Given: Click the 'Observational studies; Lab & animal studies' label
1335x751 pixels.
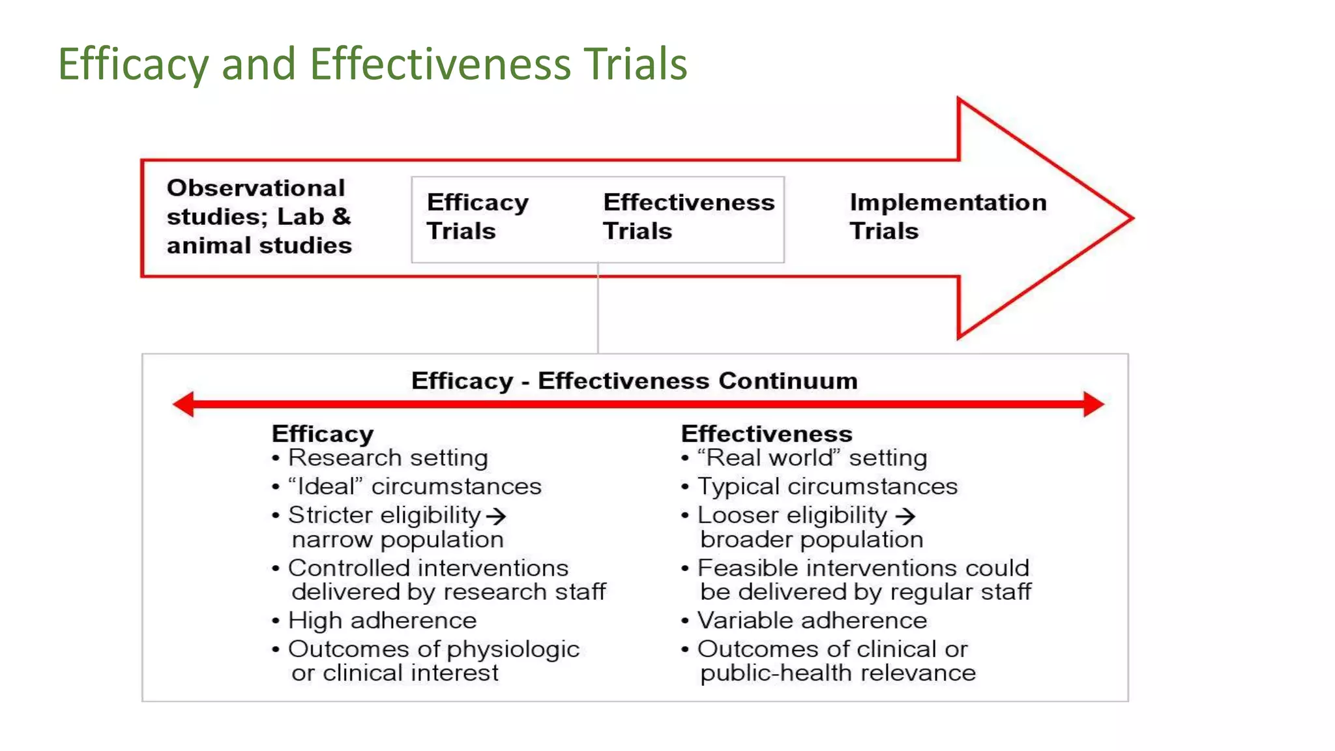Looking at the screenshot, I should coord(259,216).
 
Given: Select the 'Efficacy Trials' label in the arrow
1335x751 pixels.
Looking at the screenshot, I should coord(477,216).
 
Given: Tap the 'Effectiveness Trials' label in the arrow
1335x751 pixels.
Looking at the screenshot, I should coord(688,216).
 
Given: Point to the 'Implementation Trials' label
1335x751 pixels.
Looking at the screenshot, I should coord(948,216).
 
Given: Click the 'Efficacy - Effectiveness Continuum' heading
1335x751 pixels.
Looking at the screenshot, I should coord(634,381).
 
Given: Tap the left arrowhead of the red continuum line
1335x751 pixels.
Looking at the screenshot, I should coord(184,404).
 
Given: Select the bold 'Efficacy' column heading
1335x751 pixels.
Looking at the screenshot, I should coord(323,434).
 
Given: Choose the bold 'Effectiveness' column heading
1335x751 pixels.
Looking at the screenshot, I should coord(767,434).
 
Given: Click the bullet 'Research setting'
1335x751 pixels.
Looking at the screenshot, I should coord(388,458).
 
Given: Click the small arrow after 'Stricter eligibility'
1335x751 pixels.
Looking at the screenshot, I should coord(496,516).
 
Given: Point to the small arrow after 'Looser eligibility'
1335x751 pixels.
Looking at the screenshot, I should coord(905,516).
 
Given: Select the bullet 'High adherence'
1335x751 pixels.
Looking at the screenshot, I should coord(382,621).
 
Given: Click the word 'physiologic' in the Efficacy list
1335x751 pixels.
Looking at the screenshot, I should coord(514,650).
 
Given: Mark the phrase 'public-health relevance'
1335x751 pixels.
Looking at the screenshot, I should coord(838,673).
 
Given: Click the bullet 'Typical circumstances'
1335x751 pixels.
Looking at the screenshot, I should coord(827,487).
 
